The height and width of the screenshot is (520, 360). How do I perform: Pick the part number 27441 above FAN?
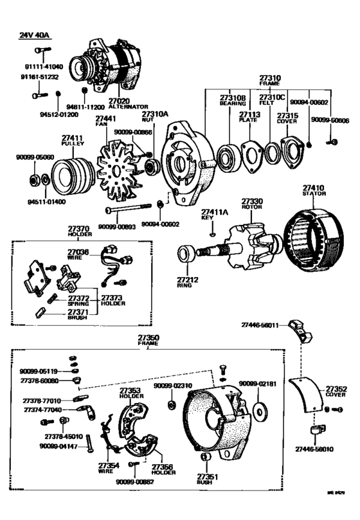coord(106,118)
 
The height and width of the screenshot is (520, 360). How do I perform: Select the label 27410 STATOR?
coord(315,190)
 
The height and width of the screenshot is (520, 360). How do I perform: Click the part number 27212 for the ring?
coord(186,280)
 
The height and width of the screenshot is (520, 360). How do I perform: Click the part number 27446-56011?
coord(260,325)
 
